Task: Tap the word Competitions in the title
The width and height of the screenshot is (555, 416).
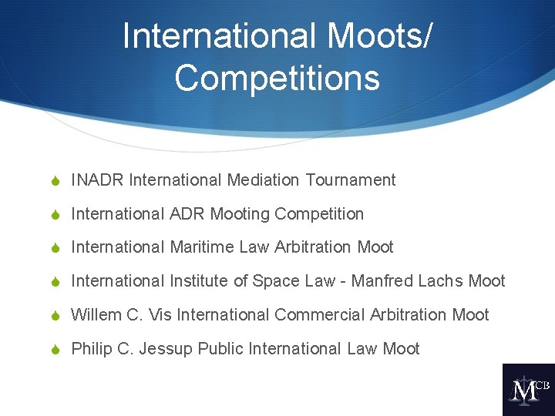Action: click(277, 78)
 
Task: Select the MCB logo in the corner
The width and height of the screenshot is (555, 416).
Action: click(528, 390)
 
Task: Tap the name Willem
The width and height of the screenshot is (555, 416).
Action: click(96, 315)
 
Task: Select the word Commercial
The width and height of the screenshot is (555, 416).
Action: click(318, 315)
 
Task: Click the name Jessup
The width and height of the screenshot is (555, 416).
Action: click(166, 349)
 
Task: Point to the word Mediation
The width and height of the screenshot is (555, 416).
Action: click(263, 180)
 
